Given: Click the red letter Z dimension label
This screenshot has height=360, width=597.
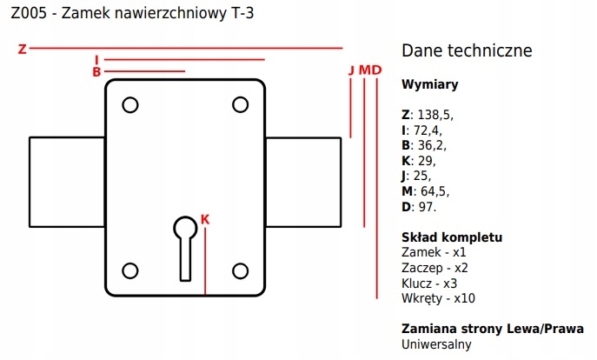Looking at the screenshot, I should pyautogui.click(x=23, y=49).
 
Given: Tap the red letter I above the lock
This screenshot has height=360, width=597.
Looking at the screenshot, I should pyautogui.click(x=96, y=60).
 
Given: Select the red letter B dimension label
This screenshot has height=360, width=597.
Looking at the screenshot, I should pyautogui.click(x=96, y=72).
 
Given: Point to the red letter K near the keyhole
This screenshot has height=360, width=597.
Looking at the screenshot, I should pyautogui.click(x=205, y=218).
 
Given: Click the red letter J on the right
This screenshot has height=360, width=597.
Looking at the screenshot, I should pyautogui.click(x=350, y=70).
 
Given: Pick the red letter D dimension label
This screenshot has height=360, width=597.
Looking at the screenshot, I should pyautogui.click(x=376, y=70).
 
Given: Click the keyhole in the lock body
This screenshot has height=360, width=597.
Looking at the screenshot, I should pyautogui.click(x=185, y=243).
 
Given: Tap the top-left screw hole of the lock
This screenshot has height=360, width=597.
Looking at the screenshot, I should pyautogui.click(x=130, y=105).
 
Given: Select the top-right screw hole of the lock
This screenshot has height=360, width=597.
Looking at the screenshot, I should pyautogui.click(x=241, y=105).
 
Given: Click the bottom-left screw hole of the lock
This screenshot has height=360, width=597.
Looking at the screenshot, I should pyautogui.click(x=130, y=270).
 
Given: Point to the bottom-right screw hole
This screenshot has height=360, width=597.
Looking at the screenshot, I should pyautogui.click(x=241, y=270).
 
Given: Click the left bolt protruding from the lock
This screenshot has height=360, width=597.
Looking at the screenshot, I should pyautogui.click(x=67, y=181).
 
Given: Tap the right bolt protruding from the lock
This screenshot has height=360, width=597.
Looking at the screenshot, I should pyautogui.click(x=302, y=181).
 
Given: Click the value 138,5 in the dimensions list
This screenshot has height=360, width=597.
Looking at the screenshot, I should pyautogui.click(x=434, y=114).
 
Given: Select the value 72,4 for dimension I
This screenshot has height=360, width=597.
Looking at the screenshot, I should pyautogui.click(x=426, y=130).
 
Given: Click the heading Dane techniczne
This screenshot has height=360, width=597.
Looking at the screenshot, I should pyautogui.click(x=467, y=51).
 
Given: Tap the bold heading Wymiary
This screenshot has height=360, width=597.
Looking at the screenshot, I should pyautogui.click(x=430, y=85).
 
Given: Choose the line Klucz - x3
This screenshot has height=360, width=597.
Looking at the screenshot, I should pyautogui.click(x=429, y=283).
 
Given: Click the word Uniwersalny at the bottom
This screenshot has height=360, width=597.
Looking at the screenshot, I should pyautogui.click(x=436, y=344).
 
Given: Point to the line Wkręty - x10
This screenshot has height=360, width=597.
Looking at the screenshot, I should pyautogui.click(x=438, y=298).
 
